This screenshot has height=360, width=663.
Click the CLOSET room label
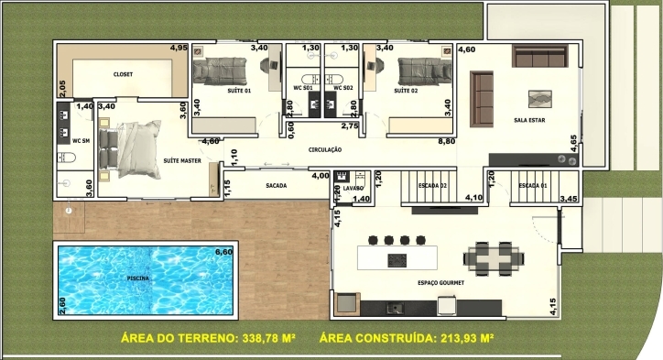coord(123,73)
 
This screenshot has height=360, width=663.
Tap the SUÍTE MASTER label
coord(181,160)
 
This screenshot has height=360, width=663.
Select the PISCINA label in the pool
coord(138,277)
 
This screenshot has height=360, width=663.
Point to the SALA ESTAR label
coord(531,119)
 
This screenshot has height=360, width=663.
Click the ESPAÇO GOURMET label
coord(440,283)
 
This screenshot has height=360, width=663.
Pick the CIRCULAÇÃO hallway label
coord(325,148)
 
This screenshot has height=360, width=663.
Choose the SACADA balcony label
coord(276,186)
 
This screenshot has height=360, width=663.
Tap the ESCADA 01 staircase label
coord(532,186)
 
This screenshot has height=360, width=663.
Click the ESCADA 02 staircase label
coord(431,186)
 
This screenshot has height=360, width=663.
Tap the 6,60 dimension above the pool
coord(223,251)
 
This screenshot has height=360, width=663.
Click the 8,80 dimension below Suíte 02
coord(447,142)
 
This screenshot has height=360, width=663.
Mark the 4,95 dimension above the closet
coord(179,48)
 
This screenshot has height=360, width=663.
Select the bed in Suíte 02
coord(420,69)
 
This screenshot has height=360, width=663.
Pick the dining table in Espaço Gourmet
coord(489,257)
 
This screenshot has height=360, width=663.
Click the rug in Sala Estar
coord(537,96)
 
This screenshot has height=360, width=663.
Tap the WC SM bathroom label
coord(80,140)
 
